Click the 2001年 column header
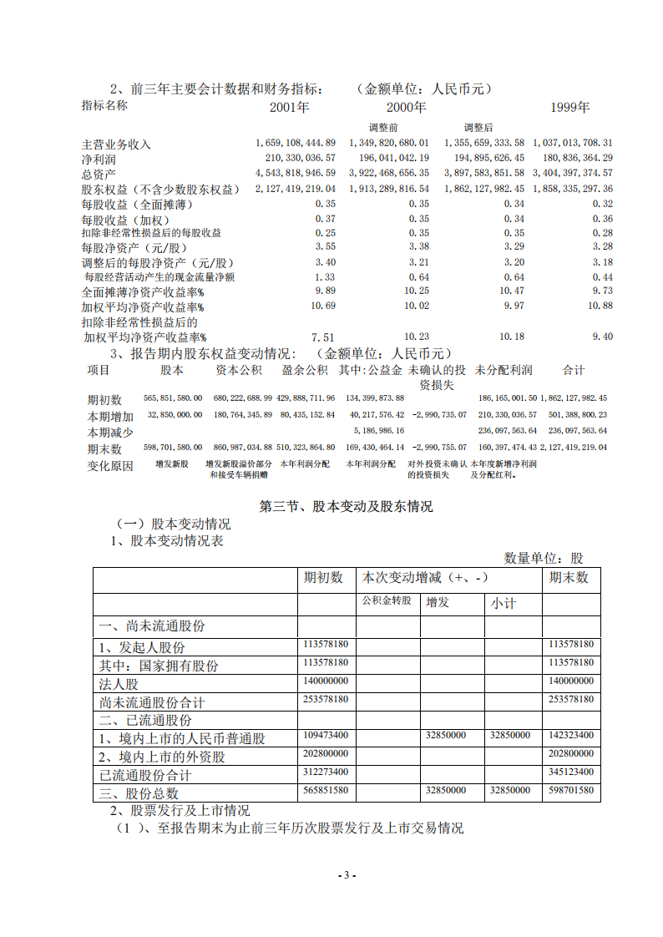pyautogui.click(x=289, y=108)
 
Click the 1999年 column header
pyautogui.click(x=570, y=108)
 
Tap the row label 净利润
pyautogui.click(x=99, y=159)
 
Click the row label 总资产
pyautogui.click(x=99, y=174)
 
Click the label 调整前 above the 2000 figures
pyautogui.click(x=383, y=127)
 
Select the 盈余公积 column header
pyautogui.click(x=305, y=370)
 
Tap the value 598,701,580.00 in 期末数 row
pyautogui.click(x=173, y=448)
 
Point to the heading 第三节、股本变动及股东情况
pyautogui.click(x=347, y=506)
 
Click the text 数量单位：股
pyautogui.click(x=544, y=558)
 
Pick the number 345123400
pyautogui.click(x=571, y=772)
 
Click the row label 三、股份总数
pyautogui.click(x=139, y=793)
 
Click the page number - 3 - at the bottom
pyautogui.click(x=347, y=875)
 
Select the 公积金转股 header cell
pyautogui.click(x=387, y=601)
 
